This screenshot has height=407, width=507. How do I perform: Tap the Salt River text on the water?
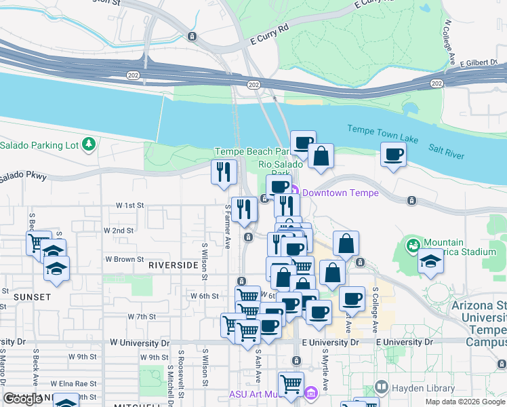point(446,151)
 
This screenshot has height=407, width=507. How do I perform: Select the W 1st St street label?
point(130,205)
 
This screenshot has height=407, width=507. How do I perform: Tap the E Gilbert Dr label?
point(479,63)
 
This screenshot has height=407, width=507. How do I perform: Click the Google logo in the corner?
point(22,399)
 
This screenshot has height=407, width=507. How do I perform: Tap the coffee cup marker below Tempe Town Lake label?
point(393,155)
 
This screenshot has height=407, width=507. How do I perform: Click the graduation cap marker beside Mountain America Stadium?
point(430,261)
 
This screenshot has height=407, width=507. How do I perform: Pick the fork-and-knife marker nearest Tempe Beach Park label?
point(224,171)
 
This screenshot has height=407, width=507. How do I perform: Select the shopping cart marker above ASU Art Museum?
point(291,383)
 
